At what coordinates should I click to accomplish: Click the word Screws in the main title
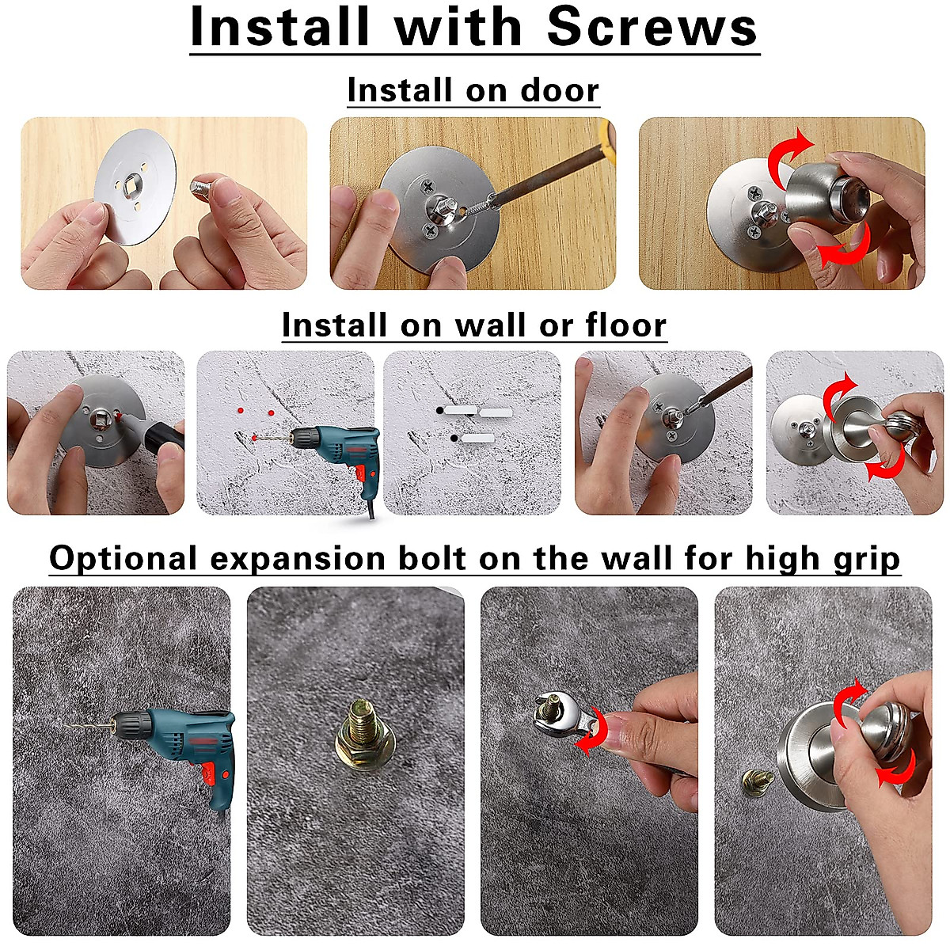point(652,28)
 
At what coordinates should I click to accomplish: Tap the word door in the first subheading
point(559,90)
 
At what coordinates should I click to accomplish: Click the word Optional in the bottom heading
point(123,559)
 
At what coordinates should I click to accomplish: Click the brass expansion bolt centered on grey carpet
point(355,732)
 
